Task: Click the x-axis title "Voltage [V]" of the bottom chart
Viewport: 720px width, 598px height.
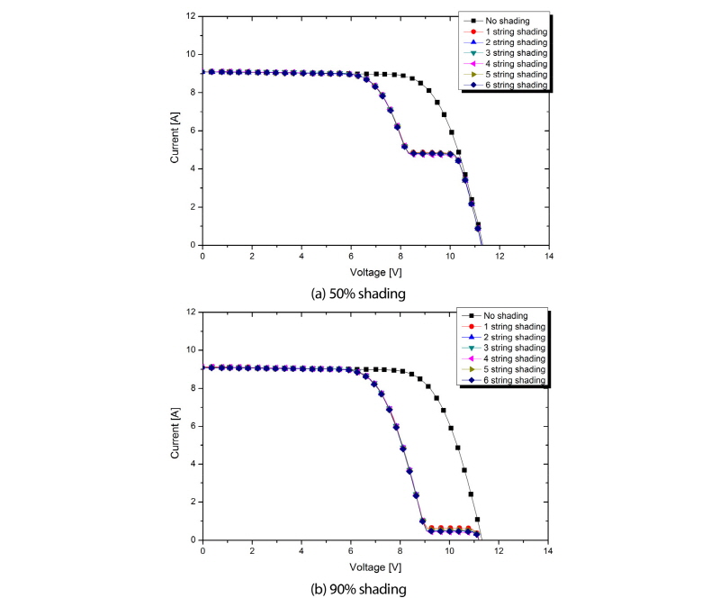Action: click(x=375, y=566)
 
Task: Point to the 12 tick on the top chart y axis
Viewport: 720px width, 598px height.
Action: click(x=191, y=16)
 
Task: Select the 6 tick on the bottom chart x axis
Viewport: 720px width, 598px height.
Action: click(x=351, y=550)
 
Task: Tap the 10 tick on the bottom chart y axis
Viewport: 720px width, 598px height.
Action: click(x=191, y=349)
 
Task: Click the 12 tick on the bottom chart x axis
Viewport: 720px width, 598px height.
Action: click(x=499, y=550)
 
